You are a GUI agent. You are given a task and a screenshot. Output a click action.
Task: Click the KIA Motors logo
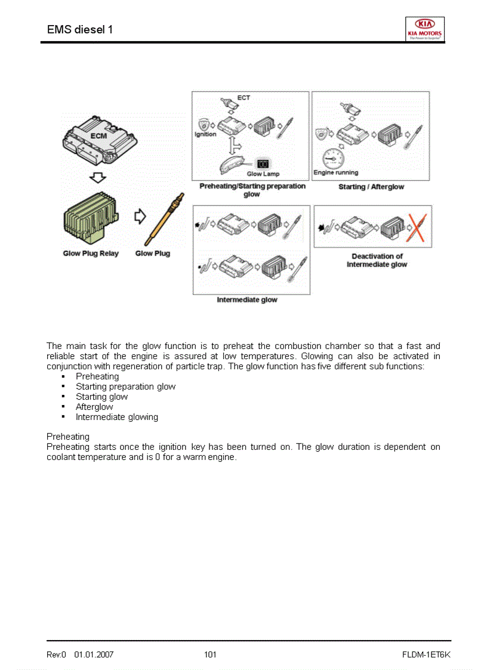coord(424,29)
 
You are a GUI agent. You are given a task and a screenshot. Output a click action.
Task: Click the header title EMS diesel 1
coord(80,29)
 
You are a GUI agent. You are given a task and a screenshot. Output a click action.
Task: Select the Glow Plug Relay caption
coord(91,254)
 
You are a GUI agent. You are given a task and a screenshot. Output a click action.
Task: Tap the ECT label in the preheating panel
coord(243,97)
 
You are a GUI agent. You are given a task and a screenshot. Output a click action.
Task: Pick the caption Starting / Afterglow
coord(371,187)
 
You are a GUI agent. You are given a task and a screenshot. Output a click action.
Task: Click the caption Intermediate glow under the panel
coord(246,300)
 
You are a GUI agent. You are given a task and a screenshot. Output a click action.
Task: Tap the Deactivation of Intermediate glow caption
coord(377,260)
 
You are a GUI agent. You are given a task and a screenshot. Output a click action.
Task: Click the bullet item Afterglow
coord(94,407)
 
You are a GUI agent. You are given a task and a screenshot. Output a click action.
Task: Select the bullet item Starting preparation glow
coord(125,387)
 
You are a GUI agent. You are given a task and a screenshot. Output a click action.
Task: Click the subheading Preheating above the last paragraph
coord(68,437)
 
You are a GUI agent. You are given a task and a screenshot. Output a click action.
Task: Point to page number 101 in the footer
coord(210,654)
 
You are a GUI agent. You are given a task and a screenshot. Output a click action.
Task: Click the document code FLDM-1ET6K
coord(426,654)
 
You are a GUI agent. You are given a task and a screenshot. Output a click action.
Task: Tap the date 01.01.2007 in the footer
coord(94,654)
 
